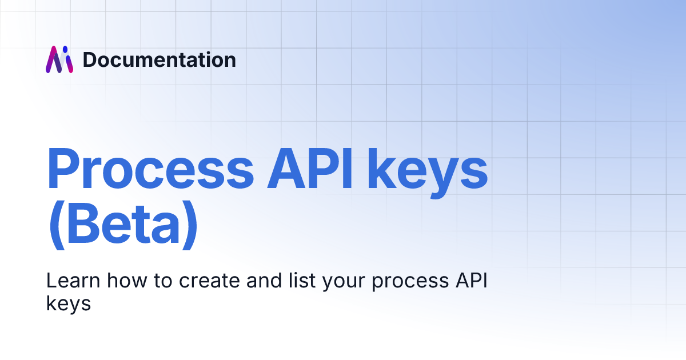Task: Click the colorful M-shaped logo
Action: coord(59,59)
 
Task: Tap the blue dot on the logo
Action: coord(65,49)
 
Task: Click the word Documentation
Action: coord(159,59)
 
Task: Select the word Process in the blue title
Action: coord(150,169)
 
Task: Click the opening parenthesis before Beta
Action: coord(57,225)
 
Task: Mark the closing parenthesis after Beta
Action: coord(190,225)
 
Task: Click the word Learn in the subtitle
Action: coord(73,281)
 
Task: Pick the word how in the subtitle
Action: coord(127,281)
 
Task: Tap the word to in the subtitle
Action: coord(163,281)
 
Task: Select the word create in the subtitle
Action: coord(209,281)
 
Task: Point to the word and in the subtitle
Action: coord(264,281)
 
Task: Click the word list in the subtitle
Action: coord(302,281)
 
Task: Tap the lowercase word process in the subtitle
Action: coord(410,283)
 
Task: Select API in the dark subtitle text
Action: coord(471,281)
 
